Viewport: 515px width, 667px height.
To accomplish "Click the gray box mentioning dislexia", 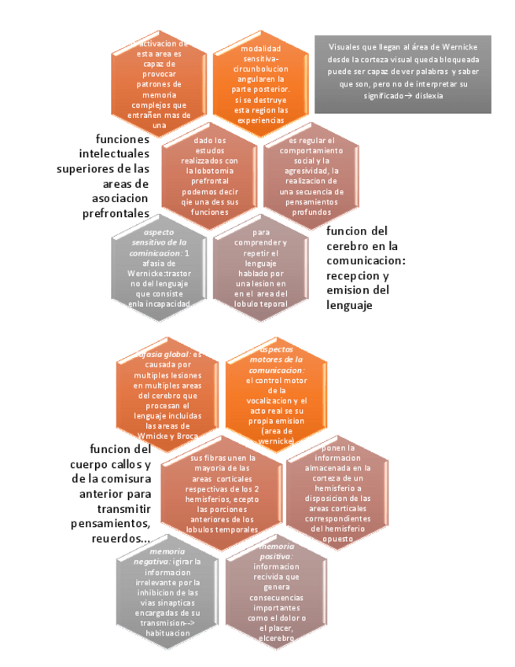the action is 403,73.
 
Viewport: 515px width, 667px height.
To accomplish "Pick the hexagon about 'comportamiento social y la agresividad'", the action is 311,177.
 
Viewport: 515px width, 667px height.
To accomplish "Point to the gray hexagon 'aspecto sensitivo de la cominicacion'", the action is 160,269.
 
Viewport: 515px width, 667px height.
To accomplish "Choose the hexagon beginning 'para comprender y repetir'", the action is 261,269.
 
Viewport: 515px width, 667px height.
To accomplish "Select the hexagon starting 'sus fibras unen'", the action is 223,492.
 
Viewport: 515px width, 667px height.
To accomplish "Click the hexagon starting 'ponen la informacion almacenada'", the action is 336,492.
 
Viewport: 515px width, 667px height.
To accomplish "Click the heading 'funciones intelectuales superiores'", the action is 104,175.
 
